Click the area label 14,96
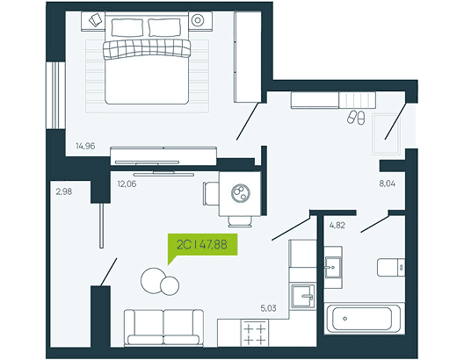(85, 146)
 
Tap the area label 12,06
(127, 184)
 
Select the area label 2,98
(64, 191)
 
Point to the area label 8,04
(387, 184)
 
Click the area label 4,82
(337, 226)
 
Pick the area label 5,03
(268, 308)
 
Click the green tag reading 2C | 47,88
(202, 244)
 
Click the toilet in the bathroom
(391, 268)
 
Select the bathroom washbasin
(333, 267)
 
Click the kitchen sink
(302, 296)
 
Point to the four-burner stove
(255, 333)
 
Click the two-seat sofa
(163, 328)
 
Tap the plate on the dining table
(241, 193)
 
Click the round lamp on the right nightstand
(198, 20)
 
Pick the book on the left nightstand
(96, 20)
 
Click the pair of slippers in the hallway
(356, 117)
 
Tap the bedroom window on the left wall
(55, 96)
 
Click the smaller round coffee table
(170, 285)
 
